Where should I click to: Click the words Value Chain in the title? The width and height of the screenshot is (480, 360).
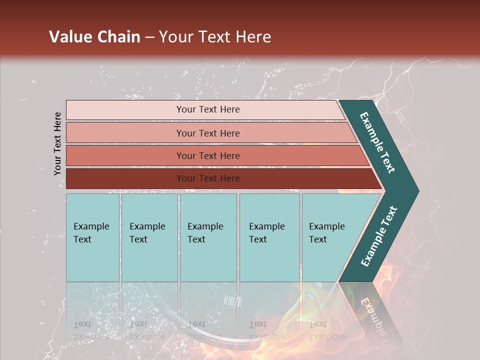(94, 37)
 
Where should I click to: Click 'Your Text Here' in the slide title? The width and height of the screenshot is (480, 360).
(215, 37)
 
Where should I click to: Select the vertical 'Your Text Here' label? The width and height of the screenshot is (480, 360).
(57, 143)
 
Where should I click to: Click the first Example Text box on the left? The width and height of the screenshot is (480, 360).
(92, 237)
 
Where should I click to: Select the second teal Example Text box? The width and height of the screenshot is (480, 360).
(149, 237)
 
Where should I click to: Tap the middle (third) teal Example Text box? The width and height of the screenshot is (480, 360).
(208, 237)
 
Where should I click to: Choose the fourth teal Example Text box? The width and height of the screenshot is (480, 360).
(269, 237)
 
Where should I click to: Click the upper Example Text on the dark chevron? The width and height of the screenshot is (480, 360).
(377, 142)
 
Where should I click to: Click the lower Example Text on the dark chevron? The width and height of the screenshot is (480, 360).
(378, 236)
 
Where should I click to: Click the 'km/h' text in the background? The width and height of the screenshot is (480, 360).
(232, 300)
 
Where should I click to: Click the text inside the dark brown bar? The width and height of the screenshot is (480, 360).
(208, 178)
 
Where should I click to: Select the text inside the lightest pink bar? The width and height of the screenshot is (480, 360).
(208, 109)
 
